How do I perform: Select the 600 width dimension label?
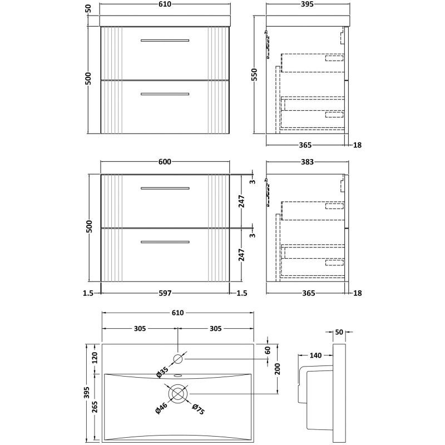coord(165,162)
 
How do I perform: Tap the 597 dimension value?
coord(165,293)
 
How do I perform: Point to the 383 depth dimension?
coord(307,162)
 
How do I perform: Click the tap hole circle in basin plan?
coord(178,359)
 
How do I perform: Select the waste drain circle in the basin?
coord(178,394)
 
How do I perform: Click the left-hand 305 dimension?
coord(139,329)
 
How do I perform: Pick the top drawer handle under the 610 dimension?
coord(165,40)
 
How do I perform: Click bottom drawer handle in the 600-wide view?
coord(165,241)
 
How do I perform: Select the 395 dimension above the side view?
coord(307,4)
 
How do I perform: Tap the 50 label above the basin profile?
coord(339,332)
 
